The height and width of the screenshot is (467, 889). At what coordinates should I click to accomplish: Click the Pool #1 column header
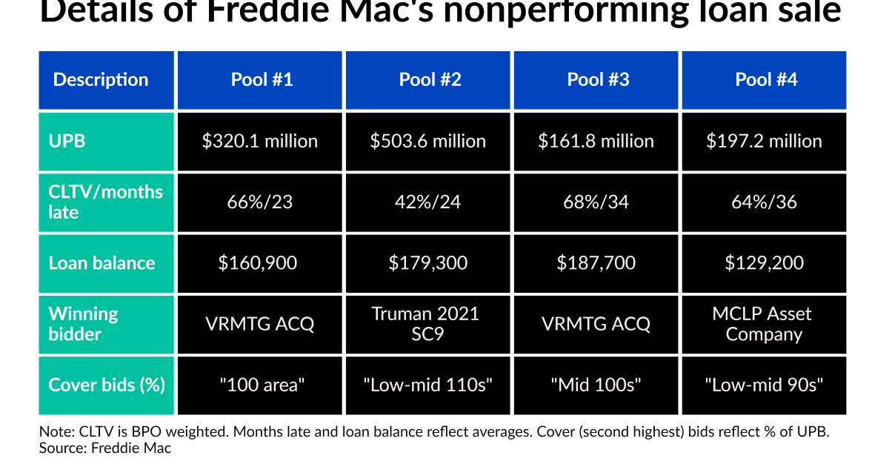(262, 80)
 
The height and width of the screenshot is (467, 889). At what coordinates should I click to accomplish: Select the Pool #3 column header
(598, 80)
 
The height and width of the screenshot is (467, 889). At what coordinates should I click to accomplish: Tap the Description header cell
(101, 80)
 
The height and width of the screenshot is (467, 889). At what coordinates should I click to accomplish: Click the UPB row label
(67, 141)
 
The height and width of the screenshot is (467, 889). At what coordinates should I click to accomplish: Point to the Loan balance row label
(101, 262)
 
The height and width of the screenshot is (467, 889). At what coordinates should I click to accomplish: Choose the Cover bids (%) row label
(106, 385)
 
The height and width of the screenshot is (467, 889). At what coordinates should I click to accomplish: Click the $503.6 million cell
(428, 141)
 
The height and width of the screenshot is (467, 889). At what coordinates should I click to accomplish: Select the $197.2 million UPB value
(764, 141)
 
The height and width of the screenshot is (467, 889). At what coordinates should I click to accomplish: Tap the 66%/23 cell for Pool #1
(260, 202)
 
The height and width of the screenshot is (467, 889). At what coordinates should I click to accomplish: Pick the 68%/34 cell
(596, 202)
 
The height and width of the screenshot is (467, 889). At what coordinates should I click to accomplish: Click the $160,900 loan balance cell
(260, 262)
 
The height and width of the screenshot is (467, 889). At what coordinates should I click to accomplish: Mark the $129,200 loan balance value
(764, 262)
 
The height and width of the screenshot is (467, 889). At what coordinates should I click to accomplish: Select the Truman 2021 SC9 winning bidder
(428, 323)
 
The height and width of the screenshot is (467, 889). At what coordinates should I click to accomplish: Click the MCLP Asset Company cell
(764, 323)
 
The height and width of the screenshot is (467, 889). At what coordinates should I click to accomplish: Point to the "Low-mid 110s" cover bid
(428, 385)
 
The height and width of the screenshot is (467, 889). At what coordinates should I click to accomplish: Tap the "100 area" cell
(260, 385)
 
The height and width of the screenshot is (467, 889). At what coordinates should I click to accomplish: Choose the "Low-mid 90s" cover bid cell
(764, 385)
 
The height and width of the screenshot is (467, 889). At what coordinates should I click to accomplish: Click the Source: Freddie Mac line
(104, 448)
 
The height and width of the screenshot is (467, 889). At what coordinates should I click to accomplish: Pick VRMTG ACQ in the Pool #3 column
(596, 323)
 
